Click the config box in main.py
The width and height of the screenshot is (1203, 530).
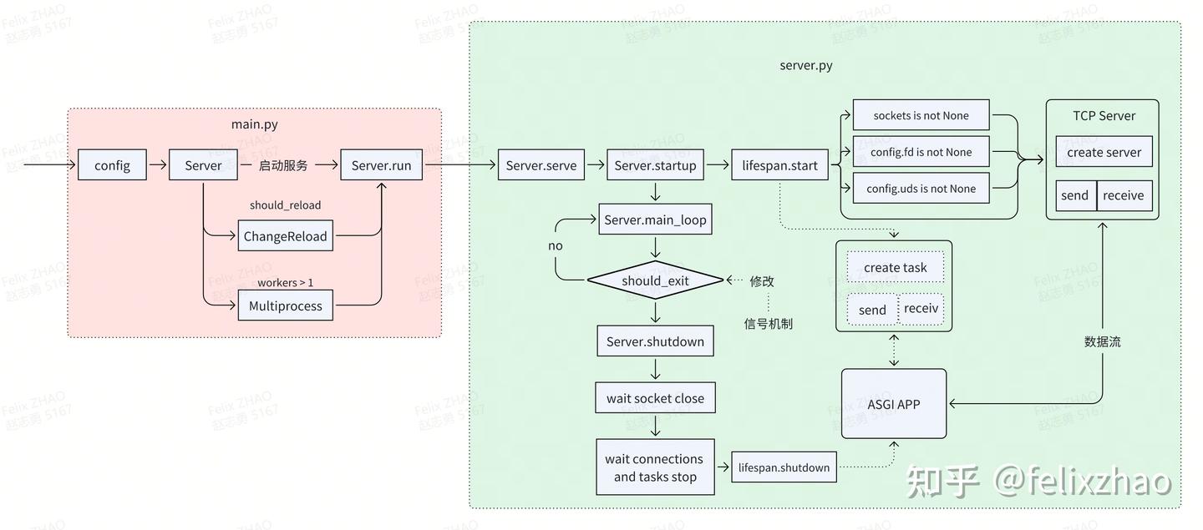(112, 165)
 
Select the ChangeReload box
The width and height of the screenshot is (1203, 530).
(285, 236)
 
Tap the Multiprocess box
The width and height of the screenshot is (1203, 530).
(285, 305)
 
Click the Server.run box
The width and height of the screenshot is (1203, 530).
(381, 165)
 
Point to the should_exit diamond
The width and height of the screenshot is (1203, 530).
(655, 280)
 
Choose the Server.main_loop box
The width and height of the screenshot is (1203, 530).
(655, 220)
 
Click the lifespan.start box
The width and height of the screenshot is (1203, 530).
(779, 165)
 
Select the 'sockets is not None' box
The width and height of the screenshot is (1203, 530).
(921, 115)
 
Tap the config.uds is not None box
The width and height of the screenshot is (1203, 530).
(921, 189)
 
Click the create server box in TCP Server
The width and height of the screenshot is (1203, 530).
(1104, 152)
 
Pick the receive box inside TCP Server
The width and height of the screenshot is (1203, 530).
(1124, 195)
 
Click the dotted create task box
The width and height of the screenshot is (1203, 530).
(895, 267)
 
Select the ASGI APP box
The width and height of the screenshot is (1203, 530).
(893, 404)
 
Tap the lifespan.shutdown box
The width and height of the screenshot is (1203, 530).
(784, 467)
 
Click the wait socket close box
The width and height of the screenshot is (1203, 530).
(655, 398)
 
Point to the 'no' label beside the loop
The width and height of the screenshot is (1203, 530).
(556, 246)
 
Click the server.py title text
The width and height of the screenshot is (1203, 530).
(805, 65)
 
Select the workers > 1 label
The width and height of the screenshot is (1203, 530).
(285, 283)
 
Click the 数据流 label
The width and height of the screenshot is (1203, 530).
(1102, 341)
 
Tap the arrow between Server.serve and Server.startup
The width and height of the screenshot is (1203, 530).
(595, 165)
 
